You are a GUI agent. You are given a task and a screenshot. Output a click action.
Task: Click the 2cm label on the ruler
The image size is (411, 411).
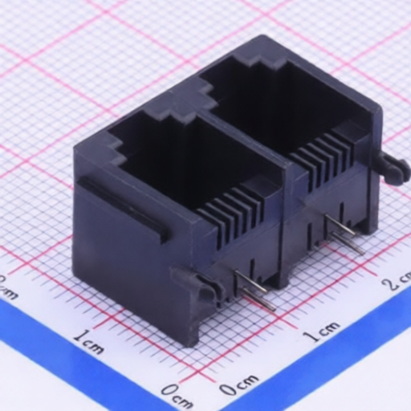[x=396, y=283]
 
